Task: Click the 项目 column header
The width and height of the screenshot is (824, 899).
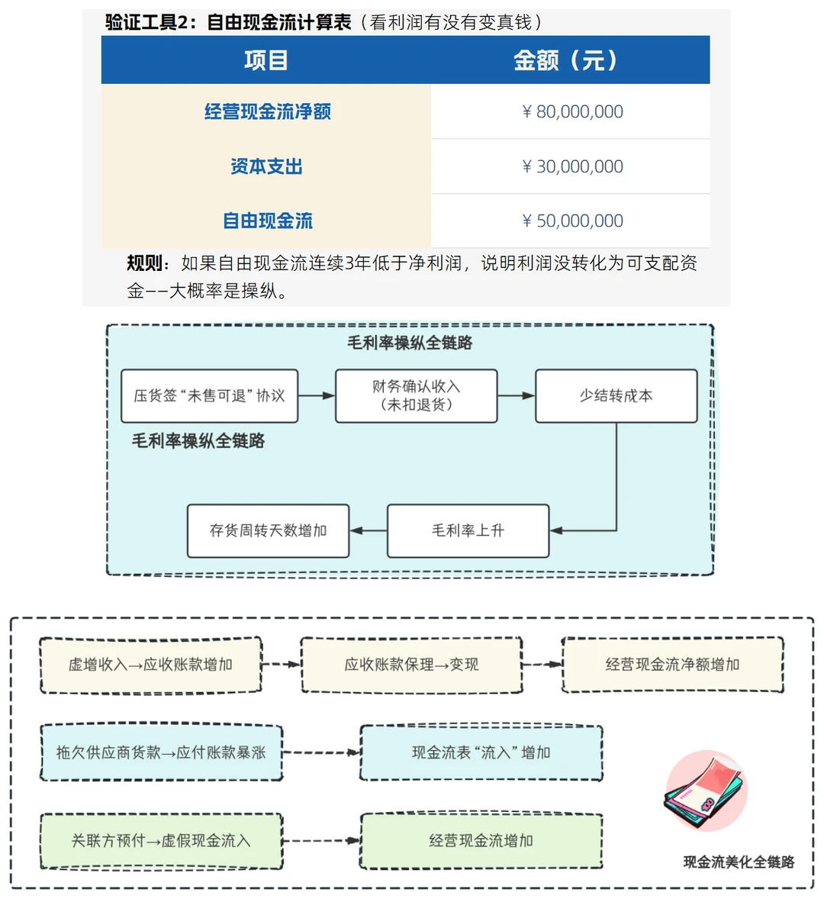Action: point(266,60)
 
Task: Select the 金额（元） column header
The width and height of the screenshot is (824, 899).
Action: point(565,60)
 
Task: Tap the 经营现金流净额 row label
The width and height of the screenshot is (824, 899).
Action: point(267,111)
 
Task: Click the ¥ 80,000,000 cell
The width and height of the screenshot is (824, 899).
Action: point(572,111)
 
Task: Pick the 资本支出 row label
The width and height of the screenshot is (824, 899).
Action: point(266,166)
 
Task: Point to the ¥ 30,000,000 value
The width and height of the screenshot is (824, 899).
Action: point(572,166)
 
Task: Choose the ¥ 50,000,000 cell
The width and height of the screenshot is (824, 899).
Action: point(572,221)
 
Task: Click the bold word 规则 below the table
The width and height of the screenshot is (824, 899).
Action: point(145,263)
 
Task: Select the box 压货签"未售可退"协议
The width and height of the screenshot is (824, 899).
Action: point(209,396)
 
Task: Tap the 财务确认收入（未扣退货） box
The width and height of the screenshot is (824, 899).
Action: point(416,396)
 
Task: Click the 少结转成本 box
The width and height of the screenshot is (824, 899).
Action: point(616,396)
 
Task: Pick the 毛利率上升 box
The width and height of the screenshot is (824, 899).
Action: point(468,530)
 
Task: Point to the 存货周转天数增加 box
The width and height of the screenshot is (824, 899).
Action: point(268,530)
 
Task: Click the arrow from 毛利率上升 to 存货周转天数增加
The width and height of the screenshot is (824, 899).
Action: point(369,530)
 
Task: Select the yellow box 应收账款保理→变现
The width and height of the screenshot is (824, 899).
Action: point(411,665)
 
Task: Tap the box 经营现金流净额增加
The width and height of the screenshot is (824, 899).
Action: point(672,665)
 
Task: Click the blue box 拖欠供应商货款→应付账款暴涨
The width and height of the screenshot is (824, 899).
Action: point(161,752)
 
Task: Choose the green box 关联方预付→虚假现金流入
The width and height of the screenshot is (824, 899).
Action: point(161,841)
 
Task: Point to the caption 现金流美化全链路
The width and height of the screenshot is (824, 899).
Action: point(738,862)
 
